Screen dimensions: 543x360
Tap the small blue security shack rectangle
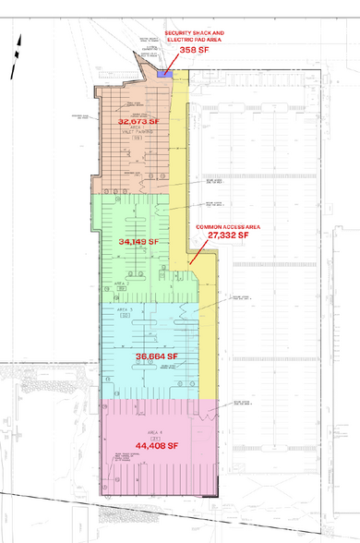tap(167, 74)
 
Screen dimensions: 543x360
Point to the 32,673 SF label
tap(138, 121)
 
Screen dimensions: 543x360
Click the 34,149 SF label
tap(140, 242)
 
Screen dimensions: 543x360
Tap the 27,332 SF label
tap(229, 235)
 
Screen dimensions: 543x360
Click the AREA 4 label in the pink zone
tap(144, 430)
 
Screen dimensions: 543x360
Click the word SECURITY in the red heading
tap(176, 32)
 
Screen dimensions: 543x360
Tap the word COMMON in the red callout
tap(208, 225)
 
